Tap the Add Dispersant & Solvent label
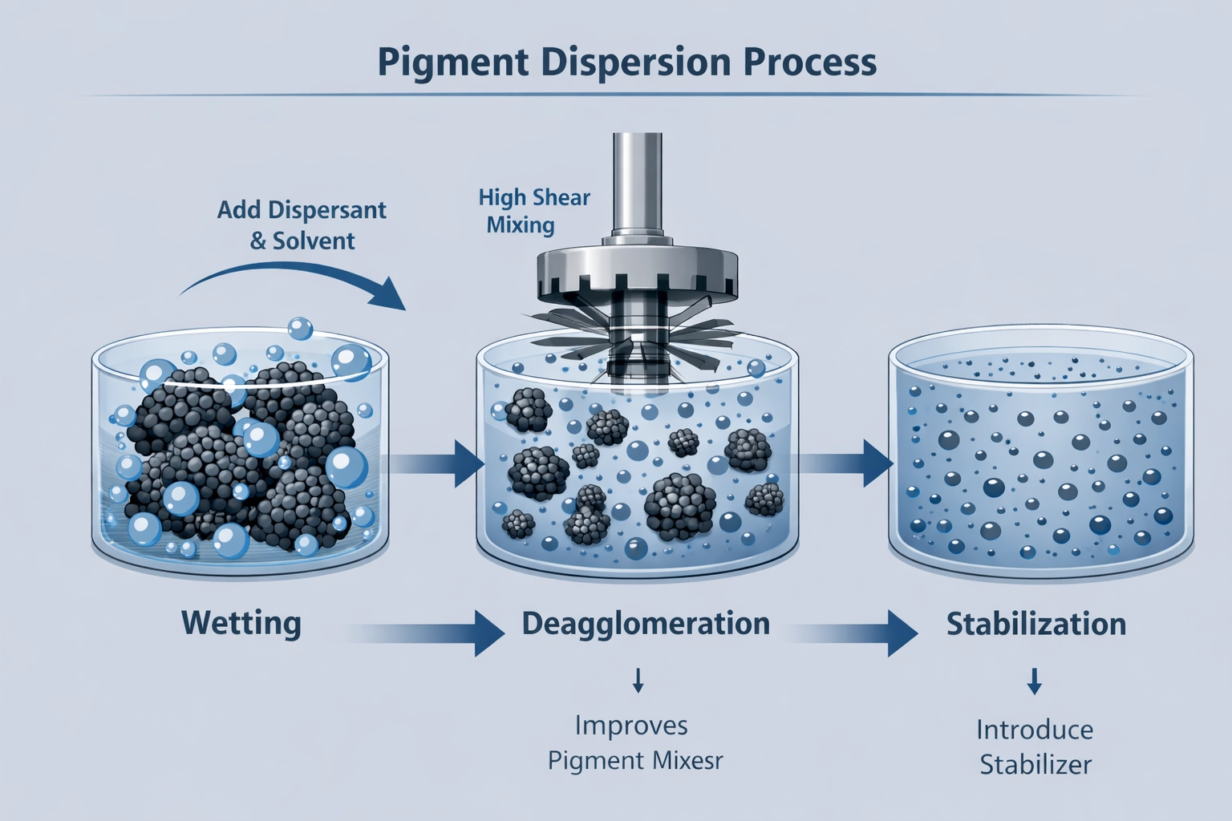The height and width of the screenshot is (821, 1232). (x=302, y=225)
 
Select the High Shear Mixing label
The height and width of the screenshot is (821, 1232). (x=533, y=211)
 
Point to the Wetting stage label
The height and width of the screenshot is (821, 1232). (x=241, y=624)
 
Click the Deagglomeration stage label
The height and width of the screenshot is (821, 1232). (x=646, y=624)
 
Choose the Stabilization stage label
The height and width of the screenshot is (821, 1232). (x=1035, y=624)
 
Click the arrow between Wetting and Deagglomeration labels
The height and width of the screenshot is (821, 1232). (x=433, y=633)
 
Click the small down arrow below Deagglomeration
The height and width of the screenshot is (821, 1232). (x=638, y=681)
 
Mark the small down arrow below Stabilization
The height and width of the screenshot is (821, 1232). (x=1035, y=681)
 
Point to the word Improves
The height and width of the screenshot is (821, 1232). (x=631, y=726)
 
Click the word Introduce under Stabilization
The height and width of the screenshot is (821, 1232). (x=1035, y=730)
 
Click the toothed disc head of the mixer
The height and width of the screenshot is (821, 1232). (x=637, y=273)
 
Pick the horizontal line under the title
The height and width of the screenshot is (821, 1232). (x=616, y=96)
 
